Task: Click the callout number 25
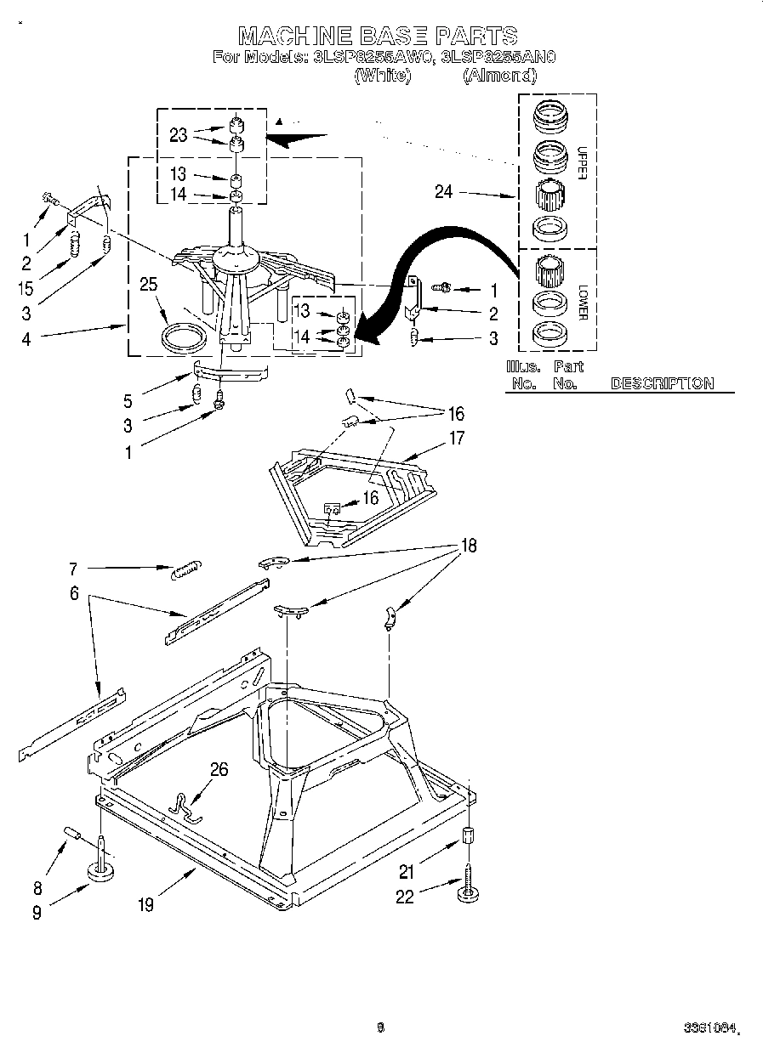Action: pyautogui.click(x=149, y=285)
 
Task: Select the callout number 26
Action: pyautogui.click(x=219, y=769)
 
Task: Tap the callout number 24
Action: pyautogui.click(x=443, y=192)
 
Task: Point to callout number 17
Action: pyautogui.click(x=457, y=439)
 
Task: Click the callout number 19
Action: pyautogui.click(x=146, y=905)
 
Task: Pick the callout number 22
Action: pyautogui.click(x=405, y=897)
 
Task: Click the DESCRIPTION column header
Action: pyautogui.click(x=662, y=383)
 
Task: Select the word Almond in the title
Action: pyautogui.click(x=499, y=76)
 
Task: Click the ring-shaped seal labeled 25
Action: pyautogui.click(x=184, y=338)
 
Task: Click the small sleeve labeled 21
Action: pyautogui.click(x=468, y=835)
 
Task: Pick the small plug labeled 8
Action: pyautogui.click(x=71, y=831)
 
